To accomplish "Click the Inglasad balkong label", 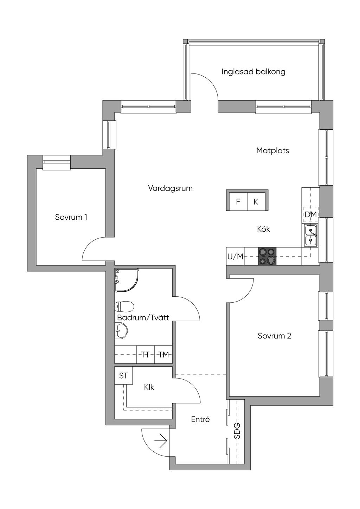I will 253,72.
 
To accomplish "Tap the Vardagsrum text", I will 170,188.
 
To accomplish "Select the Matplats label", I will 272,150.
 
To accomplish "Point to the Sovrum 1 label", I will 71,217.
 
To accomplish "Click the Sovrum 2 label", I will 274,336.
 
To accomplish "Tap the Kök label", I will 263,229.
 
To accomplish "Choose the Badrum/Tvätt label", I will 143,318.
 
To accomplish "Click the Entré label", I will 200,419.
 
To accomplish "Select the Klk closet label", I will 149,387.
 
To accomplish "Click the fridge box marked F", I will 238,202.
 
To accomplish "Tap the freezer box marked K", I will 256,202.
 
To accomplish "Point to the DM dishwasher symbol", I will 310,214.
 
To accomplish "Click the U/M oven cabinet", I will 235,256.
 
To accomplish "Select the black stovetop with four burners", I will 267,256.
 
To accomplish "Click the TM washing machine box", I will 163,355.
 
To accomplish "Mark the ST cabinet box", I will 123,376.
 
